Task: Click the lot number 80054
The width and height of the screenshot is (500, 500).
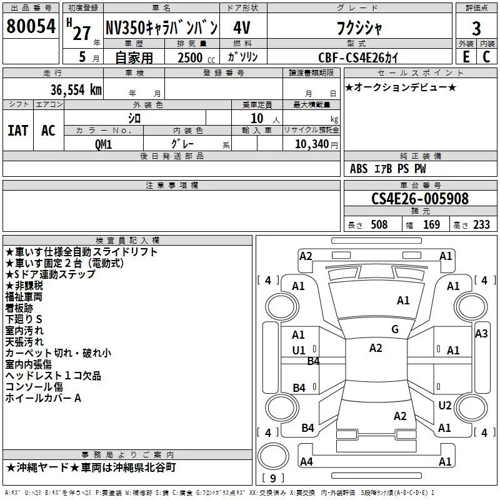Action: (31, 26)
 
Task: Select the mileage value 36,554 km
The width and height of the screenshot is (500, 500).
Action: (76, 90)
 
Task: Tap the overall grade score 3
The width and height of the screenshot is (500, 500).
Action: (476, 28)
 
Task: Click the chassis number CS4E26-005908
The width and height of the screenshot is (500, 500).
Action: (420, 199)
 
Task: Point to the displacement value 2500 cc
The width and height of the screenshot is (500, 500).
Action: (196, 57)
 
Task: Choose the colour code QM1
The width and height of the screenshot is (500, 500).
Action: (103, 144)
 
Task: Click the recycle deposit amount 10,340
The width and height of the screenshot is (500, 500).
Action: (312, 144)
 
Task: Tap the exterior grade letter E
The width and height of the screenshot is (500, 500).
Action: (466, 57)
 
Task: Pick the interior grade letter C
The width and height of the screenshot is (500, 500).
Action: (486, 57)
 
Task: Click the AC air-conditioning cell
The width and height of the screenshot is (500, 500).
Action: (49, 131)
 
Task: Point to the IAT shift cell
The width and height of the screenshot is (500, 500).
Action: (18, 131)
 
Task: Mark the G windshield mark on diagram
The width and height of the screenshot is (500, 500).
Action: (395, 329)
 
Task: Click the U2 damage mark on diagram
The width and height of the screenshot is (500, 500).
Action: (444, 405)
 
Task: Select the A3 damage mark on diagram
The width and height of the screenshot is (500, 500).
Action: (481, 334)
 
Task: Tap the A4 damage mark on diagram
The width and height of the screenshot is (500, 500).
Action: (306, 461)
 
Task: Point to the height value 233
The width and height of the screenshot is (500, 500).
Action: (481, 224)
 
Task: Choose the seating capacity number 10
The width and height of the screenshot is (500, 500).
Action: (257, 118)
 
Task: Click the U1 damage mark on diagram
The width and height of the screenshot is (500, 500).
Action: (299, 351)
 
